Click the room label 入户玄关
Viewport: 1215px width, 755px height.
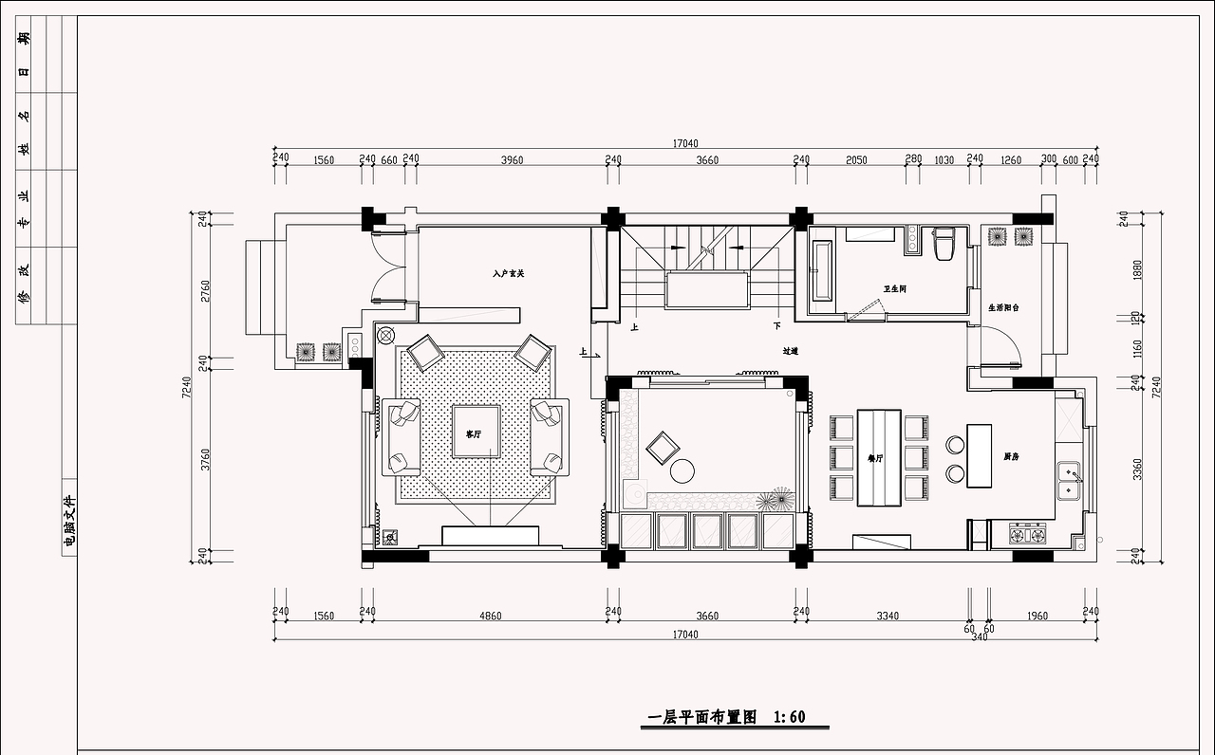tap(509, 273)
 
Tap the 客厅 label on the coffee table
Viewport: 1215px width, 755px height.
tap(473, 433)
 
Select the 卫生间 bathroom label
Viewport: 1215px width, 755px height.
tap(894, 288)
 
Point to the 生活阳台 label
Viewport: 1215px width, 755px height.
tap(1003, 308)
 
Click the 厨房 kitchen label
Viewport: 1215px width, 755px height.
tap(1012, 456)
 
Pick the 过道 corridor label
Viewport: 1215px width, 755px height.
tap(790, 351)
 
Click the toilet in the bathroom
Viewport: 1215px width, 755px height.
tap(944, 244)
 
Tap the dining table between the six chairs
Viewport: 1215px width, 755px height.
tap(878, 457)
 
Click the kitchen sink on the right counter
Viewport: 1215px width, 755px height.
tap(1070, 480)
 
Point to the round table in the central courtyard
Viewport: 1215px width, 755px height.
tap(682, 470)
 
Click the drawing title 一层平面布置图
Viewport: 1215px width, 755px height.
tap(701, 717)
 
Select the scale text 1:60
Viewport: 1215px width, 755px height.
tap(790, 717)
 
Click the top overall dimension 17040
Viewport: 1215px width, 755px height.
tap(685, 144)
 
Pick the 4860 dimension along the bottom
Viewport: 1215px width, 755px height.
tap(490, 616)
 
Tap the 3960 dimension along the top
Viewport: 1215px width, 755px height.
tap(512, 160)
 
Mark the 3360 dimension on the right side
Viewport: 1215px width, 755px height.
tap(1138, 470)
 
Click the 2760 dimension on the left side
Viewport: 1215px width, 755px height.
tap(205, 290)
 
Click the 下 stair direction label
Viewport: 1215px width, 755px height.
tap(776, 326)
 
